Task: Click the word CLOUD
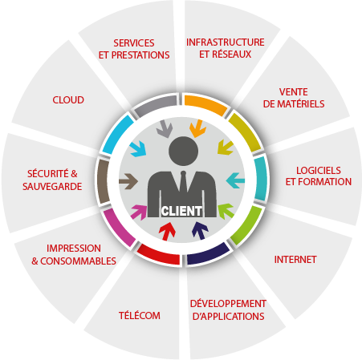click(x=68, y=100)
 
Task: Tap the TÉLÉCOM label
click(x=140, y=315)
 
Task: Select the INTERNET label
click(x=295, y=260)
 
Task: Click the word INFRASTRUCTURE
click(x=226, y=42)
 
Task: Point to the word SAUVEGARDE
click(x=52, y=186)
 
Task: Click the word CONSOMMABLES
click(x=78, y=261)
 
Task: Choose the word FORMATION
click(x=324, y=182)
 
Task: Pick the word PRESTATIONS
click(x=140, y=55)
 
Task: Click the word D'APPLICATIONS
click(x=229, y=316)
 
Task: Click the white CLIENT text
click(x=181, y=211)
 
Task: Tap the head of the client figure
click(x=184, y=151)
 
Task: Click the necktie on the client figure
click(x=183, y=182)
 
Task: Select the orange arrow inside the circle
click(x=197, y=128)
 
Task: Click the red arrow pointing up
click(x=167, y=232)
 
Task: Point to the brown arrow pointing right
click(x=128, y=181)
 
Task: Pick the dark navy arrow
click(x=200, y=230)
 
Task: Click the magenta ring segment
click(x=118, y=228)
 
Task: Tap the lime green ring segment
click(x=247, y=225)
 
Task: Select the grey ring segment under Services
click(x=156, y=105)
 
